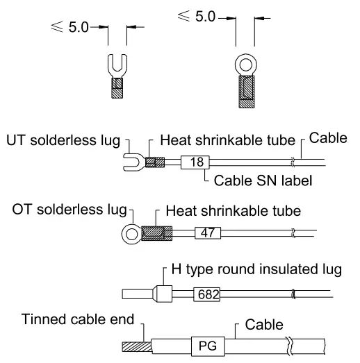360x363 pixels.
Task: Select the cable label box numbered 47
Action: pos(206,233)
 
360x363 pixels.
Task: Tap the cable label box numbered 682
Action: pos(206,294)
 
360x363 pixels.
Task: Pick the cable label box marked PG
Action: pos(205,345)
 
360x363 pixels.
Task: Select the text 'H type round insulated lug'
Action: pos(256,270)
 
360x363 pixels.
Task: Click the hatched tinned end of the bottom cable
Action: pos(131,345)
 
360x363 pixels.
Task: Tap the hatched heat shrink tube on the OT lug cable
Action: pos(155,233)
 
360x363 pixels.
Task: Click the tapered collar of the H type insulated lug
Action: pos(162,294)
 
